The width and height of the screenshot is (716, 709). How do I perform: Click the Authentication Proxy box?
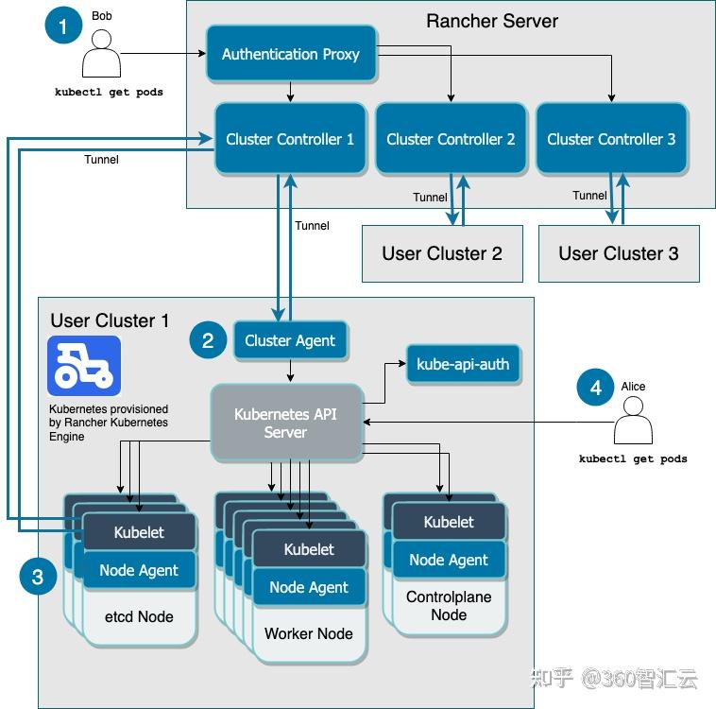click(290, 54)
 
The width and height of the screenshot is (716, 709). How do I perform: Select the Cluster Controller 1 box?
click(290, 139)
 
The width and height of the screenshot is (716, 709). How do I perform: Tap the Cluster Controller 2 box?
click(451, 139)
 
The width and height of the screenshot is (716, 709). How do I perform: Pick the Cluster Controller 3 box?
click(611, 139)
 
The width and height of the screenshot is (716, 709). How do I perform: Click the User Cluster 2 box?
click(442, 253)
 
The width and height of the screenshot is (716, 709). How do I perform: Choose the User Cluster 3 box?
click(619, 253)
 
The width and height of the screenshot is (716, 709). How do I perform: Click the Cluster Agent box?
click(290, 340)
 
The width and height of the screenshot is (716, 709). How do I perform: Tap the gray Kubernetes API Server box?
click(285, 423)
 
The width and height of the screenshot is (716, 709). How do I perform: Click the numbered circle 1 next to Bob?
click(63, 26)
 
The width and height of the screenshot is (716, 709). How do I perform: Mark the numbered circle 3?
click(38, 577)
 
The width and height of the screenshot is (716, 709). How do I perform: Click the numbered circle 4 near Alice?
click(595, 389)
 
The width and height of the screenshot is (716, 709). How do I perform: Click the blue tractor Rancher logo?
click(84, 366)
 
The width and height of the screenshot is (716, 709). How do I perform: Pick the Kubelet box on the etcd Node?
click(139, 532)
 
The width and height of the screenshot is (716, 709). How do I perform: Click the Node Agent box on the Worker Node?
click(309, 587)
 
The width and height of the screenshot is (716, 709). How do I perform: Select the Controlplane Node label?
click(449, 606)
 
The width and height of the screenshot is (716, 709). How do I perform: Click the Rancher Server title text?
click(492, 21)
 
